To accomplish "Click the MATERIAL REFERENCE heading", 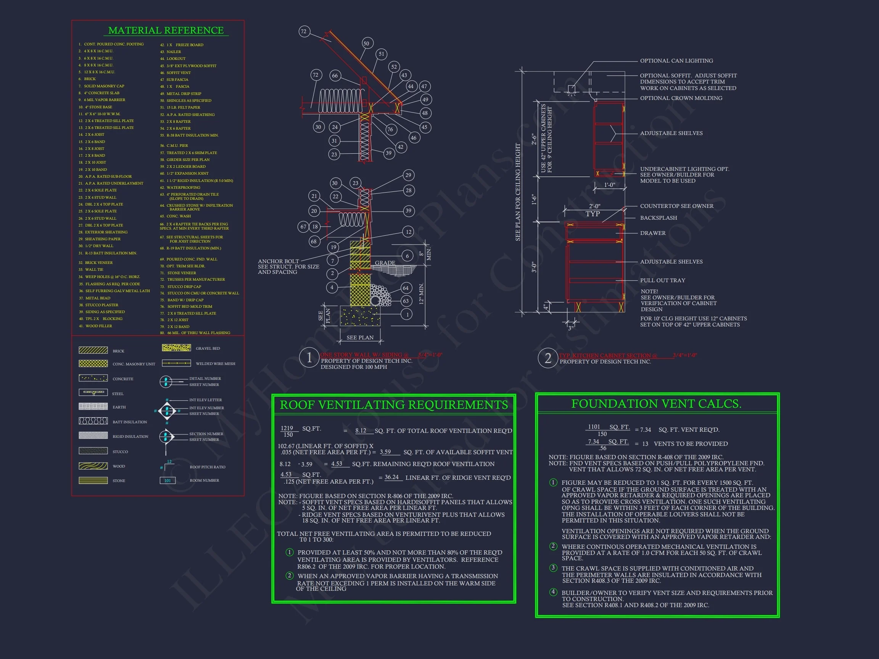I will coord(166,30).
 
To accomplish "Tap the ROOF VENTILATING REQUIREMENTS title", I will coord(393,405).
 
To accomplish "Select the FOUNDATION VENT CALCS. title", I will coord(656,403).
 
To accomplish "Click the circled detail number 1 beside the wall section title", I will coord(309,357).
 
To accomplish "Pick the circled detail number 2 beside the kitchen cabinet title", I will coord(547,358).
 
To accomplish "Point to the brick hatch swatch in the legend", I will coord(93,350).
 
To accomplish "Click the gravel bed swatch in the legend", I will coord(176,347).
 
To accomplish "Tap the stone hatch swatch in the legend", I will coord(93,480).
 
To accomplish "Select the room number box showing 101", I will coord(167,480).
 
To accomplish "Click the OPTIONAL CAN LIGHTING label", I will coord(676,61).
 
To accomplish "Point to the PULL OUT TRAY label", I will coord(662,280).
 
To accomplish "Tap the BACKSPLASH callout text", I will coord(658,218).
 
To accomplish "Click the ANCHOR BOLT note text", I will coord(278,261).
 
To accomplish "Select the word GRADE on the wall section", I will coord(385,262).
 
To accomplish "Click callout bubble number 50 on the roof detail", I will coord(366,43).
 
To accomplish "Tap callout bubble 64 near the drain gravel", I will coord(406,288).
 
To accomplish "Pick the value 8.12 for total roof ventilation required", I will coord(361,431).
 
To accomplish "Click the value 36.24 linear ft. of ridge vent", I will coord(391,477).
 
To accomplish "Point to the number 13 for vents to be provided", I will coord(645,444).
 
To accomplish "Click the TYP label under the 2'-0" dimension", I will coord(592,214).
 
